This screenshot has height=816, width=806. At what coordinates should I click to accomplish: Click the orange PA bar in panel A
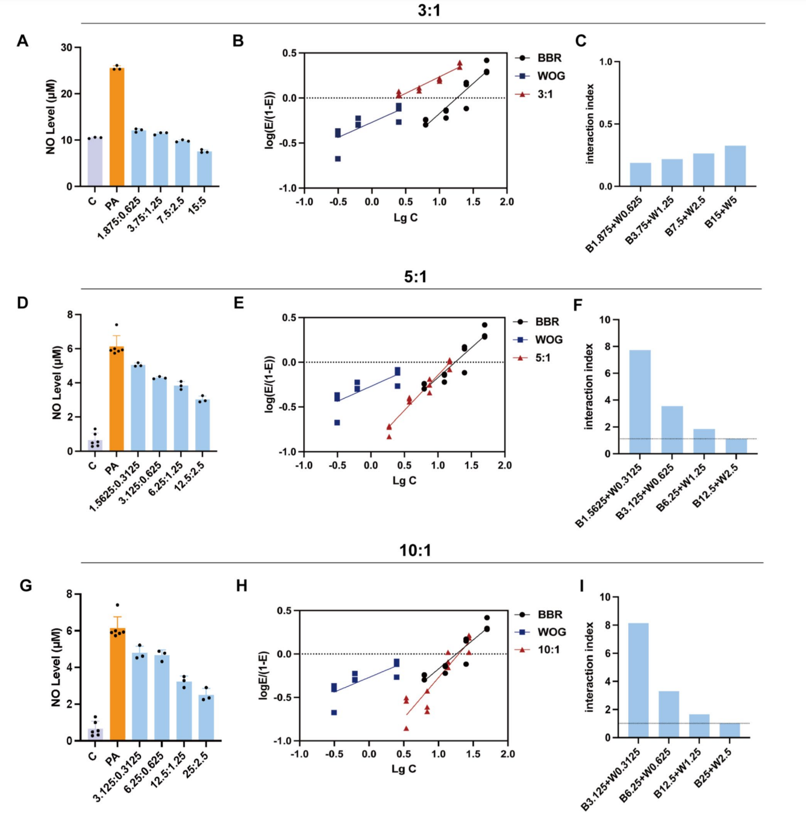pos(117,127)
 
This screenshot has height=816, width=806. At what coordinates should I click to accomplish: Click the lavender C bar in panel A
pos(95,162)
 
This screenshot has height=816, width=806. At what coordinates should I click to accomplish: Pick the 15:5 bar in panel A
pos(204,169)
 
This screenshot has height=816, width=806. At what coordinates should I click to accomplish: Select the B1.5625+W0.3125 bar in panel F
pos(640,402)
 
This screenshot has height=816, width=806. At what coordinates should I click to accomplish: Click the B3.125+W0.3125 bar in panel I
pos(638,681)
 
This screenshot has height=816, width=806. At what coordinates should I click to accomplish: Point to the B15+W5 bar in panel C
pos(735,166)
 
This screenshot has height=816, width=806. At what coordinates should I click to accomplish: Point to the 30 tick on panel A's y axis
pos(66,48)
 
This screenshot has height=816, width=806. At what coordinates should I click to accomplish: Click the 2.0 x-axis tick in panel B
pos(507,202)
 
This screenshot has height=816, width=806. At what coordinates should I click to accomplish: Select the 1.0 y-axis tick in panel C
pos(605,62)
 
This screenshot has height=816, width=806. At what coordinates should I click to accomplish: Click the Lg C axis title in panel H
pos(404,768)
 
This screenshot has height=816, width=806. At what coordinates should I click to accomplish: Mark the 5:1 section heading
pos(415,277)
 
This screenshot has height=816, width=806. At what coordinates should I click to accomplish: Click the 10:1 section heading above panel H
pos(415,550)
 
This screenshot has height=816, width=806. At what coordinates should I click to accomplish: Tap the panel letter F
pos(578,305)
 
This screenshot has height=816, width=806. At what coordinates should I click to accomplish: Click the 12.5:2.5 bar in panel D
pos(202,425)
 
